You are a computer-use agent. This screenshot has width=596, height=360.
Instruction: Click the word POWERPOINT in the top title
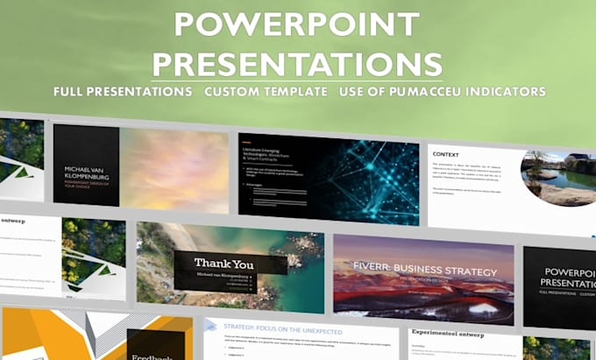pyautogui.click(x=296, y=25)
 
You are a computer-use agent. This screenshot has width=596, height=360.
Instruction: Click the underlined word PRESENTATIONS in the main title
pyautogui.click(x=296, y=63)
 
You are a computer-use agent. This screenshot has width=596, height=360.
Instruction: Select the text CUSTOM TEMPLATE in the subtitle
pyautogui.click(x=272, y=92)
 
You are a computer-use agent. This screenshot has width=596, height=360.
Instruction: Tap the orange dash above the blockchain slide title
pyautogui.click(x=246, y=143)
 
